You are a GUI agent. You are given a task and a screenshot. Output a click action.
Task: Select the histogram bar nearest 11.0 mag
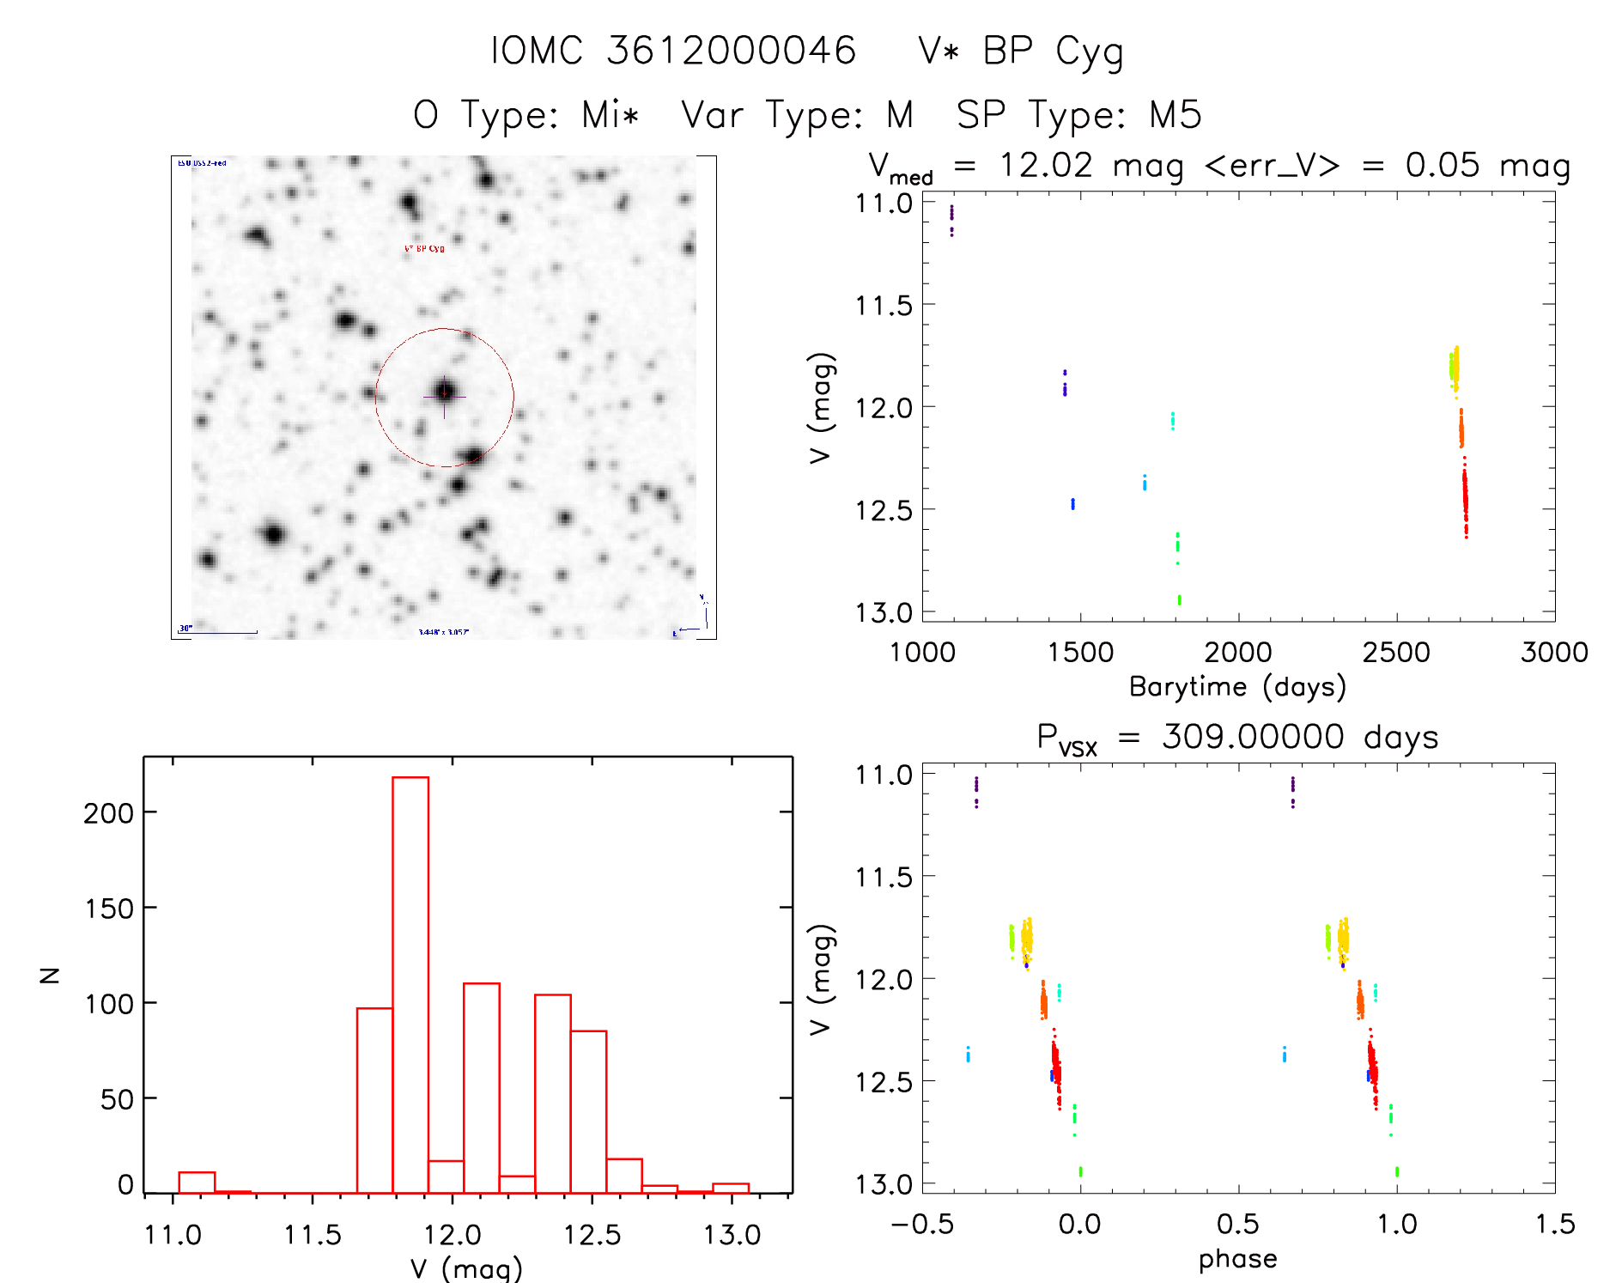pyautogui.click(x=197, y=1183)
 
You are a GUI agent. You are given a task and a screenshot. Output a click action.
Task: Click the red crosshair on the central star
pyautogui.click(x=444, y=395)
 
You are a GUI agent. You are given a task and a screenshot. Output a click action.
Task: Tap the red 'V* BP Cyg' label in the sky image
pyautogui.click(x=424, y=248)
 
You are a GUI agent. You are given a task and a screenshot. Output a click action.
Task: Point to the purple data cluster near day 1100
pyautogui.click(x=951, y=219)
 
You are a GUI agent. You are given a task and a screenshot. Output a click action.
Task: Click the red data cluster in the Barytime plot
pyautogui.click(x=1465, y=498)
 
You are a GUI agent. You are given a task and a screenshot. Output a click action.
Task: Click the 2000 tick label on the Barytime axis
pyautogui.click(x=1237, y=653)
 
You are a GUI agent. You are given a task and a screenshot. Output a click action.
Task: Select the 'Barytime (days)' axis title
pyautogui.click(x=1237, y=687)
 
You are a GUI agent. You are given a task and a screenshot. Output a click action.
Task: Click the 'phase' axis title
pyautogui.click(x=1237, y=1259)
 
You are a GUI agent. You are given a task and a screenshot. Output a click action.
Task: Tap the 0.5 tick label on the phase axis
pyautogui.click(x=1237, y=1225)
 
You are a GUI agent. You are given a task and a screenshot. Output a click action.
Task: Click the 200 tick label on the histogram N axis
pyautogui.click(x=108, y=812)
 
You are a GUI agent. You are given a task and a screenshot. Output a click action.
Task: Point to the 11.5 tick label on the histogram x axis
pyautogui.click(x=313, y=1235)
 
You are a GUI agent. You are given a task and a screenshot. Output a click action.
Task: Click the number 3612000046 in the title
pyautogui.click(x=732, y=51)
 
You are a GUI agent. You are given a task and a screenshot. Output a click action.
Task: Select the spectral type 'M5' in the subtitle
pyautogui.click(x=1175, y=115)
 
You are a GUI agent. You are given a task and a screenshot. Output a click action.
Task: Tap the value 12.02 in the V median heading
pyautogui.click(x=1046, y=165)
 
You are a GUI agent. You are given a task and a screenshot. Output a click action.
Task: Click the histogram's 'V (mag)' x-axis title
pyautogui.click(x=466, y=1268)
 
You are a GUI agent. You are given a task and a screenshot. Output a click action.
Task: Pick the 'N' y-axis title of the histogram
pyautogui.click(x=50, y=975)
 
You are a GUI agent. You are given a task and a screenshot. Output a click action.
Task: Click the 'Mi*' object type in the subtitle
pyautogui.click(x=611, y=115)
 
